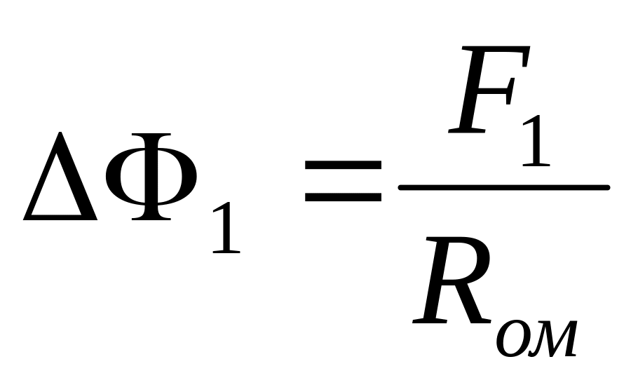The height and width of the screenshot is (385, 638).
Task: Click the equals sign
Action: [343, 182]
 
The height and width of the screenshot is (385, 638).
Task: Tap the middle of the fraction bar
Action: [503, 187]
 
